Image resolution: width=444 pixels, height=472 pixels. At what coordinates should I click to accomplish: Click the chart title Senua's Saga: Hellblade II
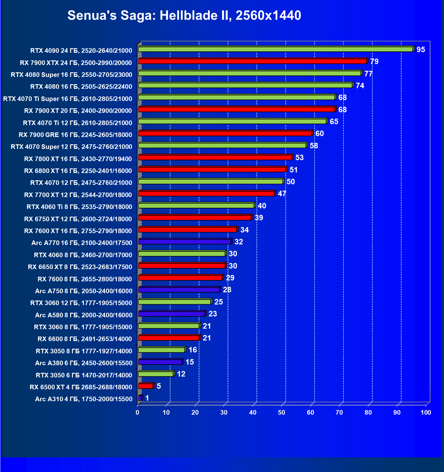[x=184, y=15]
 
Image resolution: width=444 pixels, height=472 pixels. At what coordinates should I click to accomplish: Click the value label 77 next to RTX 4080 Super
[x=368, y=74]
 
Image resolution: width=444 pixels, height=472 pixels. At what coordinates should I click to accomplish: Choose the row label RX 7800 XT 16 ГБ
[x=78, y=159]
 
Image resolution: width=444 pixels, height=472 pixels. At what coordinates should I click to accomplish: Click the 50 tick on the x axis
[x=282, y=413]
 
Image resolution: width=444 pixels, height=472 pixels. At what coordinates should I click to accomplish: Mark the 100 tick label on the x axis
[x=426, y=413]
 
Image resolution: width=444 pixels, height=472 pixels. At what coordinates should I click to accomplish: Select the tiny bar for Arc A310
[x=140, y=398]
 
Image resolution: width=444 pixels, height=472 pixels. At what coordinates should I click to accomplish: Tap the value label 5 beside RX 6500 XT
[x=159, y=386]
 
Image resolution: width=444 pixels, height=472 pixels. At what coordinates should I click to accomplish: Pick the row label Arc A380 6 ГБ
[x=84, y=363]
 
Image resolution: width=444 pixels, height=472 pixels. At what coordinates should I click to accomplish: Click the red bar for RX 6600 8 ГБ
[x=169, y=338]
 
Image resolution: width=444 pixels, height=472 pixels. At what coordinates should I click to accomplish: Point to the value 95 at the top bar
[x=420, y=50]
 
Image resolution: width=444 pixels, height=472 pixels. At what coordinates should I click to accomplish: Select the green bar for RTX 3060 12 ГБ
[x=174, y=302]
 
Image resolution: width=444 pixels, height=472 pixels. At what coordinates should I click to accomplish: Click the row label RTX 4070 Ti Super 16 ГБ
[x=67, y=99]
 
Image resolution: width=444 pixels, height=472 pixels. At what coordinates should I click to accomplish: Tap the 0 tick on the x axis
[x=137, y=413]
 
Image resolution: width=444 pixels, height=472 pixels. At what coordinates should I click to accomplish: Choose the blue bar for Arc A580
[x=171, y=314]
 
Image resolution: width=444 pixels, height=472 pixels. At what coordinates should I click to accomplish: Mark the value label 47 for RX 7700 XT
[x=282, y=193]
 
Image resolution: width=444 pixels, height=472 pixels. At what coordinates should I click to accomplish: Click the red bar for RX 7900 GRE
[x=225, y=133]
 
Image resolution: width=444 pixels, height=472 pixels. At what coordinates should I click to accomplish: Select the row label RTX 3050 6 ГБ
[x=84, y=375]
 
